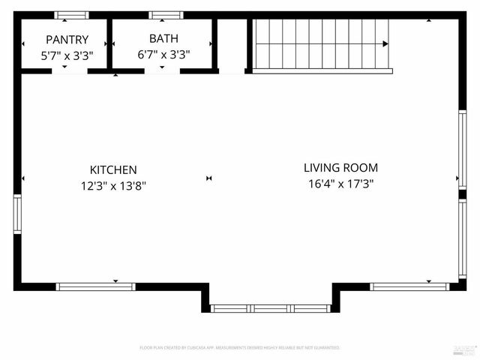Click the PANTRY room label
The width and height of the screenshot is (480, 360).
(x=67, y=39)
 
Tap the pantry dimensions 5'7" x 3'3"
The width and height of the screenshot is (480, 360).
(x=67, y=54)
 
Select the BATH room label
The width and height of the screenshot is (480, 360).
(x=163, y=38)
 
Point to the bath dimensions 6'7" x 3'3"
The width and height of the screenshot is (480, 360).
(x=163, y=54)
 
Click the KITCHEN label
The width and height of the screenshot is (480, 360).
(x=113, y=170)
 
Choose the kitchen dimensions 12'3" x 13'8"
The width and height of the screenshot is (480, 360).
(x=113, y=185)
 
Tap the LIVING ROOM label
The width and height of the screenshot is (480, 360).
(x=340, y=168)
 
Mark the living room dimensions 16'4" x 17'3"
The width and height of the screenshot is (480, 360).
(x=340, y=183)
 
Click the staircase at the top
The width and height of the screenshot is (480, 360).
(x=322, y=43)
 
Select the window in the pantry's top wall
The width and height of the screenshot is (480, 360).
(x=72, y=15)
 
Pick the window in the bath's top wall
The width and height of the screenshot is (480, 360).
(x=166, y=15)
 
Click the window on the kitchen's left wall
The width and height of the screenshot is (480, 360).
(x=17, y=214)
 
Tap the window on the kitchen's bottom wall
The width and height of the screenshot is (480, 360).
(x=96, y=286)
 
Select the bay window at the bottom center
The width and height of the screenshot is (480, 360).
(x=270, y=308)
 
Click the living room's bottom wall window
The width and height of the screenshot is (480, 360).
(x=409, y=286)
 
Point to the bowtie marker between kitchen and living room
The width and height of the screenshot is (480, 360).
(x=209, y=178)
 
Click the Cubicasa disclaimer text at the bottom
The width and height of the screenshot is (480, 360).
(x=240, y=348)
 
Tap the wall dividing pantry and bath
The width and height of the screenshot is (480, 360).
(x=109, y=43)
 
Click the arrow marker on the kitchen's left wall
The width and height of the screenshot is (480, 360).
(x=23, y=178)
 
